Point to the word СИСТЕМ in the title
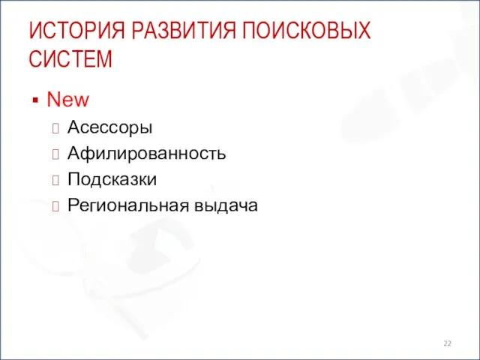(x=70, y=58)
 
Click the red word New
(x=67, y=99)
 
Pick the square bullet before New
(x=34, y=100)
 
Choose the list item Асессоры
(x=109, y=128)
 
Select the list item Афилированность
(x=147, y=154)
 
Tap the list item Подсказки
(x=112, y=179)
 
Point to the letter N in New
(x=52, y=99)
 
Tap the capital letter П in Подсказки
(x=73, y=179)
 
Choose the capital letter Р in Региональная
(x=72, y=205)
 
